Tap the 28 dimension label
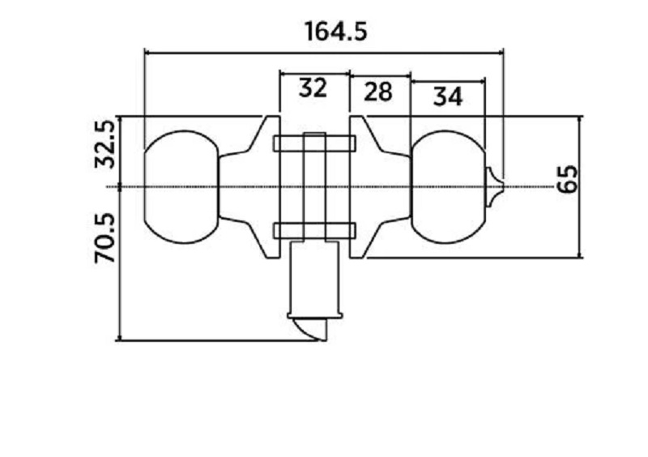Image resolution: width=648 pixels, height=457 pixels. pos(378,92)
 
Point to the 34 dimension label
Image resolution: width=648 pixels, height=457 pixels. pos(447,96)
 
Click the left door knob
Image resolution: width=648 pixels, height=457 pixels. pos(181,186)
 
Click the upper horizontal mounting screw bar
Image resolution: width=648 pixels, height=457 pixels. pos(315,143)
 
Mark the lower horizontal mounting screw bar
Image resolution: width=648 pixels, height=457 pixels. pos(315,231)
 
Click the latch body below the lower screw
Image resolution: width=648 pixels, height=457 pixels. pos(315,275)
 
